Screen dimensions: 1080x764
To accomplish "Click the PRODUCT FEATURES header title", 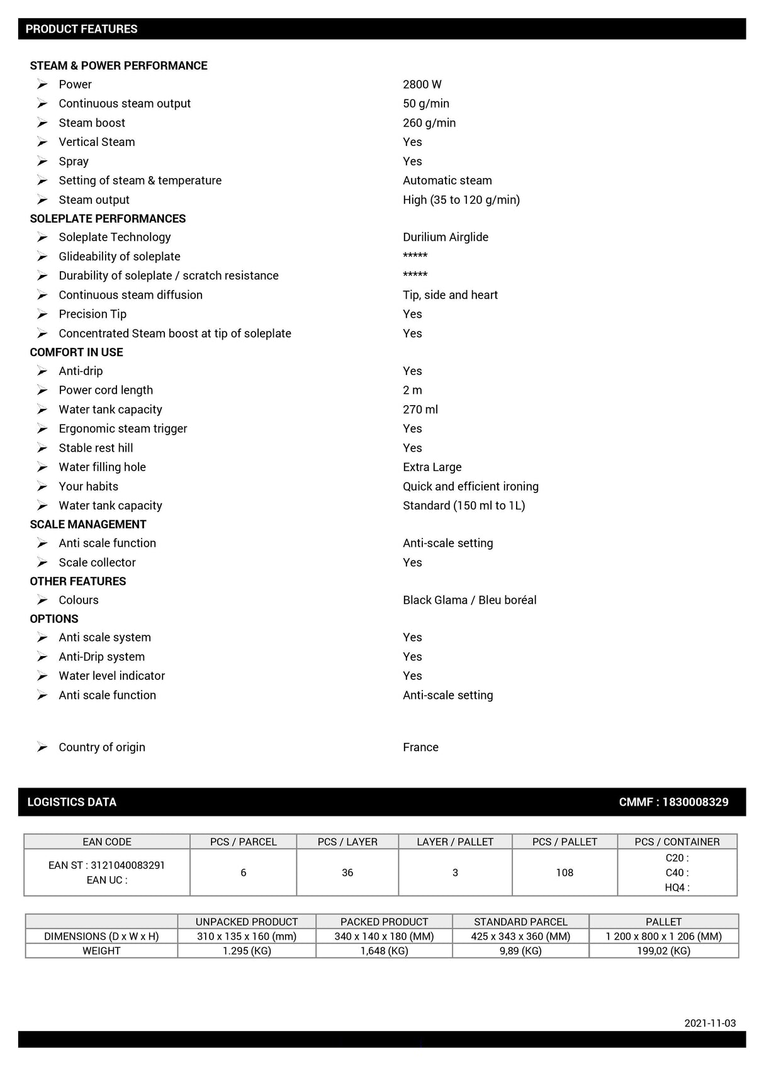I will (81, 29).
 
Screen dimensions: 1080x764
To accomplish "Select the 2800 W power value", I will (422, 84).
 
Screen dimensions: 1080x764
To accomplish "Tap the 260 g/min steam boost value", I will (429, 123).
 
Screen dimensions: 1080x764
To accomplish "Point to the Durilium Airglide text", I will (446, 237).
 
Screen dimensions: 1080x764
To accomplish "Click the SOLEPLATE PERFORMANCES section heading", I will (108, 218).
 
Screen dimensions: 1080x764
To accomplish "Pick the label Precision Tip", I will (93, 314).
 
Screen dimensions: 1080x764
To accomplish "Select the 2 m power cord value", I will (412, 390).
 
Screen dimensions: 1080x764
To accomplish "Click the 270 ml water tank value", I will (420, 409).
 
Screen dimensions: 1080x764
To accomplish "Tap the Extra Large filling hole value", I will (432, 467).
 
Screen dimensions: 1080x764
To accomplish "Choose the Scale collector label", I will (97, 562).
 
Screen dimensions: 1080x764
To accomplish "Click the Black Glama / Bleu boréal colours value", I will (469, 600).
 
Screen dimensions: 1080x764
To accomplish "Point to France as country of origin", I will (420, 747).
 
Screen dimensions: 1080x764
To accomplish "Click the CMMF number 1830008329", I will (673, 802).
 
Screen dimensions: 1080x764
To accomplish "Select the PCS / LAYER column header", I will (347, 842).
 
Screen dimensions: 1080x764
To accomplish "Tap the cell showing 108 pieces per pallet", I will (565, 872).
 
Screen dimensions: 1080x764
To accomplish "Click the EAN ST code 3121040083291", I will (106, 866).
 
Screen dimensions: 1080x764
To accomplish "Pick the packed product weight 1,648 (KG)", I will (384, 951).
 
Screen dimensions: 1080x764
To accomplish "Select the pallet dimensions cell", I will (663, 936).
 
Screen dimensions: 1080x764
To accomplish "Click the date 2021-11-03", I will (710, 1023).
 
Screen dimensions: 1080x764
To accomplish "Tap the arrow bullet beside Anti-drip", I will (42, 371).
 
